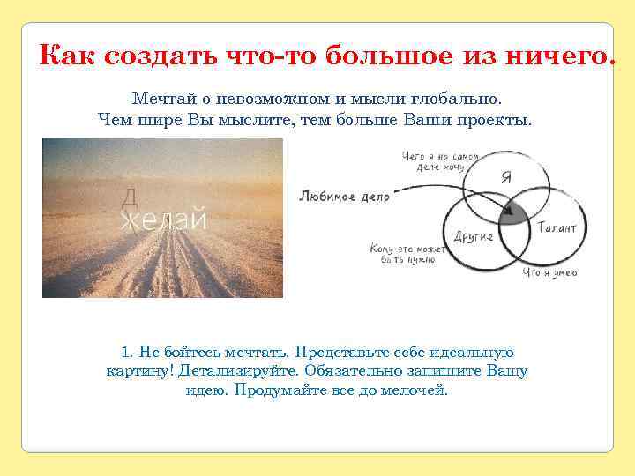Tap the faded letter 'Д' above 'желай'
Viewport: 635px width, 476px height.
[x=128, y=197]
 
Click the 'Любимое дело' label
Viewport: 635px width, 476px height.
[x=344, y=197]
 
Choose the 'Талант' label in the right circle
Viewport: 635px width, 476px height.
[x=557, y=227]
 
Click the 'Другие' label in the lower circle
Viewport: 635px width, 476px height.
[x=473, y=236]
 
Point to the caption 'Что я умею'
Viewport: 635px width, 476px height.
[x=549, y=273]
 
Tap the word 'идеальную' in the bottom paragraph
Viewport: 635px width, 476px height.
[x=475, y=352]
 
